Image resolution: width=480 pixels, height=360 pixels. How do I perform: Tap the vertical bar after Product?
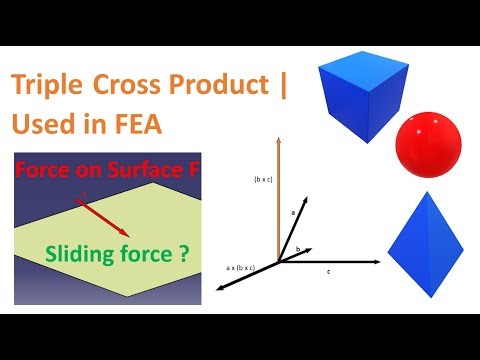click(283, 87)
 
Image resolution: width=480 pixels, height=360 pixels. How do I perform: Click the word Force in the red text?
click(42, 171)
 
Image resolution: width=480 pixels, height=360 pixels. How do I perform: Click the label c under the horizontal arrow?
click(329, 271)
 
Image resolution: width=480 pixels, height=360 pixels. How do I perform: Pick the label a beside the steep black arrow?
click(293, 212)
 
